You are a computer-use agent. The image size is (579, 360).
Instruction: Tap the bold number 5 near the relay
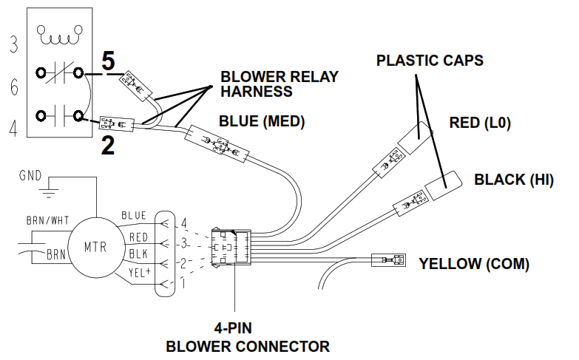tap(108, 61)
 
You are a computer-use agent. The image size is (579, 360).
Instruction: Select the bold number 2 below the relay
tap(108, 146)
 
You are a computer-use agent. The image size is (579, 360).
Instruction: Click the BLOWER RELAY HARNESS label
tap(280, 84)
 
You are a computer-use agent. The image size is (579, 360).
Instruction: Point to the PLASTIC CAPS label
tap(430, 61)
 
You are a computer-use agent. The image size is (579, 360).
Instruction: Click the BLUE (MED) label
tap(262, 121)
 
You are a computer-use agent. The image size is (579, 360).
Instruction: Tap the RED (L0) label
tap(480, 123)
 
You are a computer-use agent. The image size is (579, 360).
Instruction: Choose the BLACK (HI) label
tap(514, 180)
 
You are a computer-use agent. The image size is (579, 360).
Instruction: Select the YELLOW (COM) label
tap(474, 264)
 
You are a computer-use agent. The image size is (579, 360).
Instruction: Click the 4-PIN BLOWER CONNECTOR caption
tap(248, 338)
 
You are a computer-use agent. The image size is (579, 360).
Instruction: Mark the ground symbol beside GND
tap(49, 192)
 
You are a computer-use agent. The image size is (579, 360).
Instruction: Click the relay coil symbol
tap(59, 35)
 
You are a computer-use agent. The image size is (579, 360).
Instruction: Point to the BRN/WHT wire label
tap(47, 220)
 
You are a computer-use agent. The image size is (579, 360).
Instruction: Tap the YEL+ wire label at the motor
tap(140, 273)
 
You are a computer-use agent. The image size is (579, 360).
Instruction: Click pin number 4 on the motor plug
tap(183, 223)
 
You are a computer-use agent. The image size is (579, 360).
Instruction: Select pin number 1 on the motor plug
tap(183, 284)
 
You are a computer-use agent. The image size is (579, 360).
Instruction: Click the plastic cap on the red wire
tap(415, 137)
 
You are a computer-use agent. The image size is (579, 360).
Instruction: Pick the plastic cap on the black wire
tap(444, 186)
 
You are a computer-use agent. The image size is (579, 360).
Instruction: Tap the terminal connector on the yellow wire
tap(388, 260)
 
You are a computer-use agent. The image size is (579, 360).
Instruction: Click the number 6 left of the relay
tap(14, 87)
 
